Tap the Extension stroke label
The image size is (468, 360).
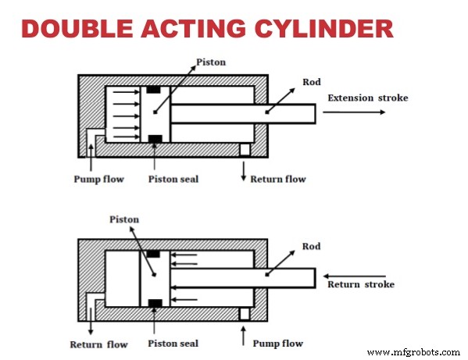(x=367, y=98)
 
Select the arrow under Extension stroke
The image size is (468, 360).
(x=353, y=112)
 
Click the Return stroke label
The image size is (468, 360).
(x=360, y=284)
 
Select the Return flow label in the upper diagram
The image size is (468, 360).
(x=277, y=179)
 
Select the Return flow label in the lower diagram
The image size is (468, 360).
(x=98, y=344)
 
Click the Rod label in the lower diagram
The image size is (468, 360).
(x=310, y=247)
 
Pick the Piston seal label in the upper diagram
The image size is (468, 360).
(x=173, y=179)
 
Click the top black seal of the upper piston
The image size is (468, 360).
(x=153, y=90)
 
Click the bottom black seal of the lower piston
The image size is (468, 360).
(x=153, y=301)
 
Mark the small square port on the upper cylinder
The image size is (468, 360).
(x=245, y=148)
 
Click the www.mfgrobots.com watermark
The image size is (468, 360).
(x=413, y=351)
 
